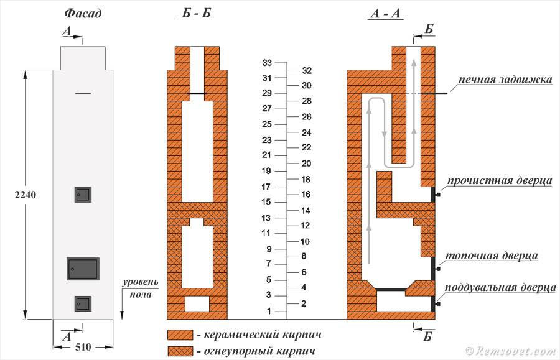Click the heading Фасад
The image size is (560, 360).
click(x=83, y=14)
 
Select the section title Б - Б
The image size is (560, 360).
click(x=196, y=14)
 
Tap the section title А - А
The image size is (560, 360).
click(x=385, y=14)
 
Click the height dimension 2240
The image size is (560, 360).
click(x=26, y=195)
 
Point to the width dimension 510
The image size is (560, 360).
click(x=83, y=347)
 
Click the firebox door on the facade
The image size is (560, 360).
click(x=83, y=269)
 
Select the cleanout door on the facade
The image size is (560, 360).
click(x=83, y=195)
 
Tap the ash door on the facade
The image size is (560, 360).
click(x=83, y=303)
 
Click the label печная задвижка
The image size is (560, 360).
click(x=505, y=79)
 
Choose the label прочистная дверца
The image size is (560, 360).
click(x=500, y=181)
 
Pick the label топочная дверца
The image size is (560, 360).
click(x=492, y=256)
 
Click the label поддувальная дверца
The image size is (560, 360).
click(x=500, y=288)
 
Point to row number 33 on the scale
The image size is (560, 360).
click(x=267, y=63)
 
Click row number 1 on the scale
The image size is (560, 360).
click(x=269, y=311)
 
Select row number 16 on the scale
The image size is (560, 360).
click(x=306, y=195)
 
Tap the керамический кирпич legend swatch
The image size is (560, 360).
click(x=180, y=335)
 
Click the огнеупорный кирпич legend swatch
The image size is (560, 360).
click(x=180, y=351)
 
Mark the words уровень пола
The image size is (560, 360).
click(x=141, y=288)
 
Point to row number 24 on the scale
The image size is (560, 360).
click(x=306, y=132)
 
